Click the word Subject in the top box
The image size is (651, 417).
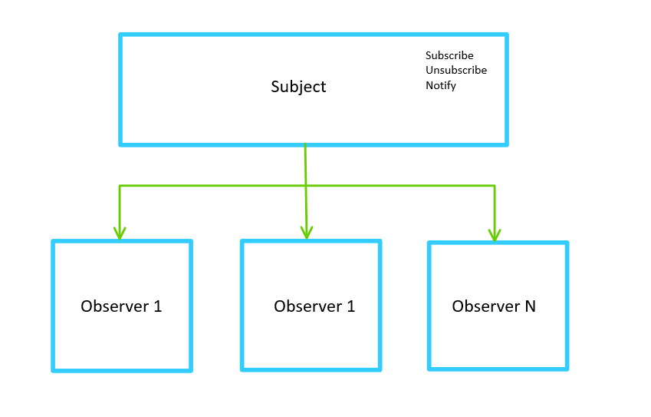[298, 87]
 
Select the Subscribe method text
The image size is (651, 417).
[449, 55]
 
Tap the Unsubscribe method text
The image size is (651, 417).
[456, 70]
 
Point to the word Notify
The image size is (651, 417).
[441, 85]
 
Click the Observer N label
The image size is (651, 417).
[494, 306]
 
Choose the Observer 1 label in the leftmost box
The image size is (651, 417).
[121, 306]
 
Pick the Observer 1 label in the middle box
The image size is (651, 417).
[314, 306]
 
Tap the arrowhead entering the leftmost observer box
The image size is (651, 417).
[120, 233]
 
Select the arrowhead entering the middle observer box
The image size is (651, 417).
[307, 233]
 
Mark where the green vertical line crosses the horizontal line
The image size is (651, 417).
[306, 186]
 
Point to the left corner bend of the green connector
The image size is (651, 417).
[120, 186]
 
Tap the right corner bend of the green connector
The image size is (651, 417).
[495, 186]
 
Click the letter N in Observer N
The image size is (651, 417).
[530, 306]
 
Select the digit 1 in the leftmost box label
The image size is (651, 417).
[158, 306]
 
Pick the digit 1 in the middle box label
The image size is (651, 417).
[351, 306]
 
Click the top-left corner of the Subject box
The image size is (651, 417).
[121, 35]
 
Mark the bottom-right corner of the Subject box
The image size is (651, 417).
[506, 144]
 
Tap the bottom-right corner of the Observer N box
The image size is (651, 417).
[567, 368]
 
